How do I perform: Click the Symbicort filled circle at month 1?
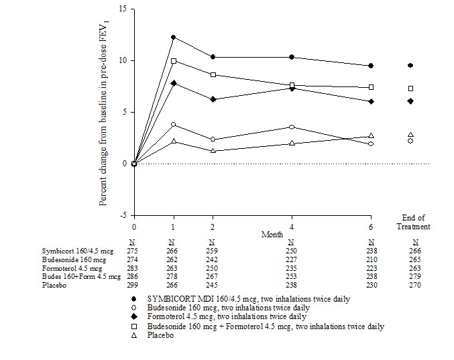(x=174, y=38)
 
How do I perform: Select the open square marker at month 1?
(x=174, y=61)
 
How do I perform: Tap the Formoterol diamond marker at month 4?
(x=292, y=88)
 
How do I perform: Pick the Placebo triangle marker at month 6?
(x=371, y=136)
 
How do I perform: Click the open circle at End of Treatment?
(x=410, y=141)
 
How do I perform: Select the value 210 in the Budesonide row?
(x=371, y=257)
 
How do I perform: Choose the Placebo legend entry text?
(x=172, y=335)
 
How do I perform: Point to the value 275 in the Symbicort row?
(x=134, y=249)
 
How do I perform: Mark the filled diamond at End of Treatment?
(x=410, y=101)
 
